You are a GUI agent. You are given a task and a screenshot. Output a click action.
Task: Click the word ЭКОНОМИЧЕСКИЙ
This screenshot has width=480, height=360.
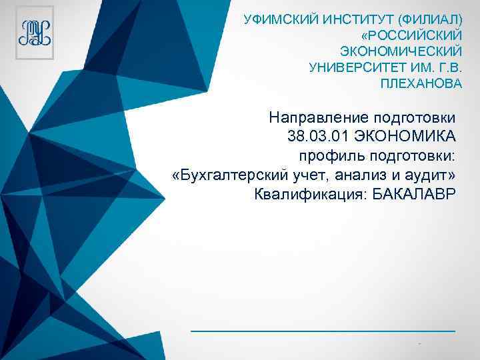401,51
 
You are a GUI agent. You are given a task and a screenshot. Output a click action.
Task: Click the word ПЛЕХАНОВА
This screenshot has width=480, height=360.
421,85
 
